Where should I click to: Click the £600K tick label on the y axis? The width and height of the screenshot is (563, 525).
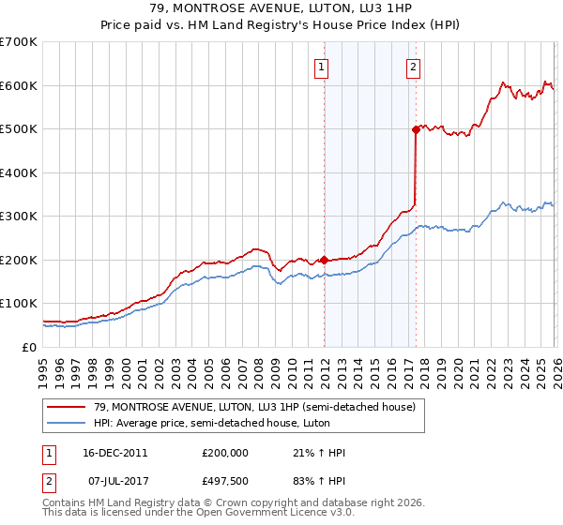(19, 85)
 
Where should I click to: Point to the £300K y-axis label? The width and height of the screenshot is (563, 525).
(19, 216)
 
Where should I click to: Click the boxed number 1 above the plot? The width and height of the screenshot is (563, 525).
(322, 67)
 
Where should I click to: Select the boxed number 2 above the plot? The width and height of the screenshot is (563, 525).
(413, 67)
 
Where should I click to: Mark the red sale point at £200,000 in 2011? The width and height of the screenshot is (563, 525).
(324, 260)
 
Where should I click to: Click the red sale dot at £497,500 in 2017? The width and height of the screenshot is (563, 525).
(416, 130)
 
